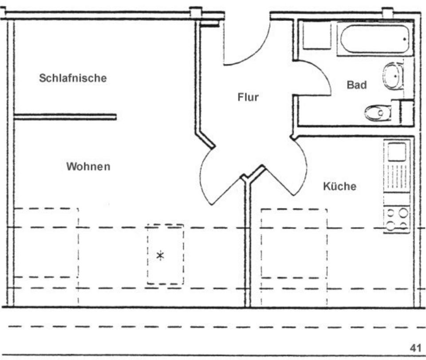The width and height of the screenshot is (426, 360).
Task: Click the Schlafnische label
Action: [x=73, y=78]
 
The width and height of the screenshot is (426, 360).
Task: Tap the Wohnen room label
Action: [x=88, y=166]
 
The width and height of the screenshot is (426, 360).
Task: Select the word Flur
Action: [x=248, y=97]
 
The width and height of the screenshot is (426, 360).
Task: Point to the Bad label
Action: [x=357, y=85]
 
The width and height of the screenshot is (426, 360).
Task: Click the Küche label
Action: [x=339, y=186]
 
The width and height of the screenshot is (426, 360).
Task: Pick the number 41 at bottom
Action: [x=415, y=348]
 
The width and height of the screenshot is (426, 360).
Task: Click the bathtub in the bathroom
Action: [x=375, y=39]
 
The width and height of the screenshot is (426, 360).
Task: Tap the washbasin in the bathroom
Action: [x=393, y=76]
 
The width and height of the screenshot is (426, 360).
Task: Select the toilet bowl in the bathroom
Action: [x=378, y=113]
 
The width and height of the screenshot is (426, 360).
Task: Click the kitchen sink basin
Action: [x=397, y=152]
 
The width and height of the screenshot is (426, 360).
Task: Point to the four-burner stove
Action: [x=397, y=219]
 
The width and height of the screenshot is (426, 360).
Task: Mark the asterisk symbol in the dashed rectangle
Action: [x=161, y=255]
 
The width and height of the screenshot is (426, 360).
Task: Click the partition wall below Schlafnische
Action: [x=65, y=117]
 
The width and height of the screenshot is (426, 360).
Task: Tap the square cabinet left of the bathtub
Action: [x=317, y=35]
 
